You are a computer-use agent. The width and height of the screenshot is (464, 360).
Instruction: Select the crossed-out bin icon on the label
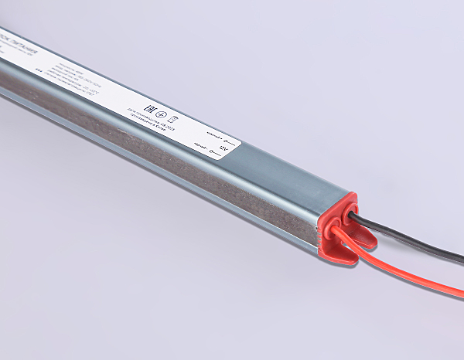click(x=173, y=118)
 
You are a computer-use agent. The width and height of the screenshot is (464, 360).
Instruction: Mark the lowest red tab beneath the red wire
click(x=345, y=256)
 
